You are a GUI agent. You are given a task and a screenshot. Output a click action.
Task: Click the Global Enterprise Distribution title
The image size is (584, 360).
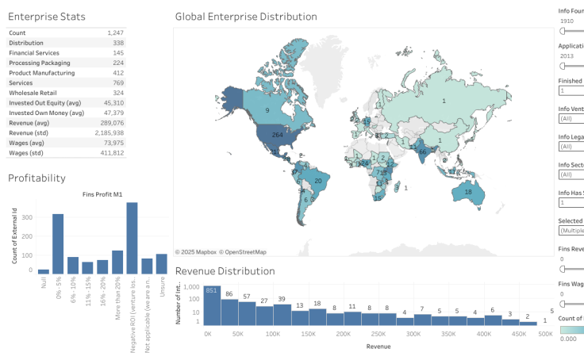245,17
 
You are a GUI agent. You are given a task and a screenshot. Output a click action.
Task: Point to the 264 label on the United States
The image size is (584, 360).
277,136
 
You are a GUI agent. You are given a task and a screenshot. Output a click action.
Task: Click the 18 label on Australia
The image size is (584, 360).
468,193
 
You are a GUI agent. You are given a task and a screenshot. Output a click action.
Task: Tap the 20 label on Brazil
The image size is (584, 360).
318,181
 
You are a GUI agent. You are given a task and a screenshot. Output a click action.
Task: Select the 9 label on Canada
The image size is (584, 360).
267,110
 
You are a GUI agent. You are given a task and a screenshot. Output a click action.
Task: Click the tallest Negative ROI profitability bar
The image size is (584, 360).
132,238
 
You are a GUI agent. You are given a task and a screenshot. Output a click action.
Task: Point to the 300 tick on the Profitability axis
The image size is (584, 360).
28,216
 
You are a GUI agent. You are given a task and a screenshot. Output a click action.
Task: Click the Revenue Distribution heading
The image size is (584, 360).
225,271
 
